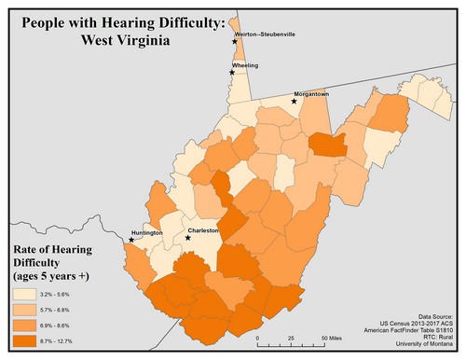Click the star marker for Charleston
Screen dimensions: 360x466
[x=188, y=238]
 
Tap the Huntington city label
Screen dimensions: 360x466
[x=146, y=232]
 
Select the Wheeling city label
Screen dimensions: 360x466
[x=245, y=65]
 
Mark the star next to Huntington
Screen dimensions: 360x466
[x=131, y=240]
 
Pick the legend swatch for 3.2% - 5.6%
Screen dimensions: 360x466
[x=23, y=294]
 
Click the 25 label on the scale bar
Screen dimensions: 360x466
[x=292, y=337]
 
